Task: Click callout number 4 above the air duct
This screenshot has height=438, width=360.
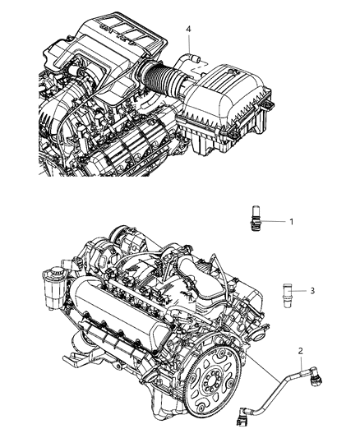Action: click(189, 30)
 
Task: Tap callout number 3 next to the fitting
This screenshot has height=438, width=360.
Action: click(312, 291)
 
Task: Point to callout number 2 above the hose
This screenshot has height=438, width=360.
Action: click(301, 350)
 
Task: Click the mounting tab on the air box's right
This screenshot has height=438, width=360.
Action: click(265, 108)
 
